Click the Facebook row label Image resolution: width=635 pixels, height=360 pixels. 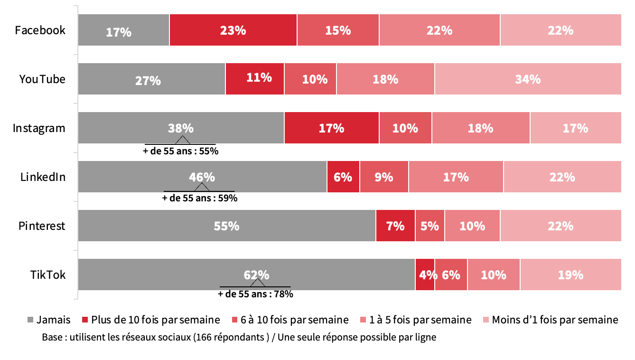coord(40,30)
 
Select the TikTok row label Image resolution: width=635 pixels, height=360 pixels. coord(48,275)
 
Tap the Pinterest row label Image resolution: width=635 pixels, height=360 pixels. coord(42,226)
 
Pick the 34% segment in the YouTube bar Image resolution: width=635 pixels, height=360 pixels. coord(528,79)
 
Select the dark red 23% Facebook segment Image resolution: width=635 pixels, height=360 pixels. coord(233,30)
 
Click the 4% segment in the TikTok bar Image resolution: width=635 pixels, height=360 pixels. coord(425,275)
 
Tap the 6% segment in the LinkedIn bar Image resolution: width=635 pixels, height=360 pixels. coord(343,177)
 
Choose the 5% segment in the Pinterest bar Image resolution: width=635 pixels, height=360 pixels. coord(430,226)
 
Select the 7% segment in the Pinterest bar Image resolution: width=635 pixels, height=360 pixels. coord(395,226)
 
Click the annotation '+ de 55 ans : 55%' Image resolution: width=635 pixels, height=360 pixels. coord(181,152)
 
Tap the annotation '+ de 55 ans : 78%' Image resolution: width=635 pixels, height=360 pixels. coord(255,294)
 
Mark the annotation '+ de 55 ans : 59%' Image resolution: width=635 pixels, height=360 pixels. coord(200,198)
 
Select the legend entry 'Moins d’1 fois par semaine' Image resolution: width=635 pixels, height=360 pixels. coord(554,320)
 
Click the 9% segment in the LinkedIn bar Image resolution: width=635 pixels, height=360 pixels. coord(384,177)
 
